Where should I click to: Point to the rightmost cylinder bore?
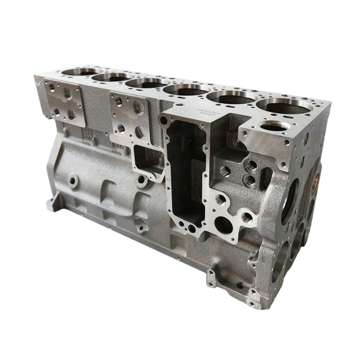[277, 106]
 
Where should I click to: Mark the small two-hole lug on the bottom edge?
[211, 277]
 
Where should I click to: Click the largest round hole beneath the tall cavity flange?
[223, 224]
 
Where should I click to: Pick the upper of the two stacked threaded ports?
[251, 166]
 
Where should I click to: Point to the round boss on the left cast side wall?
[73, 181]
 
